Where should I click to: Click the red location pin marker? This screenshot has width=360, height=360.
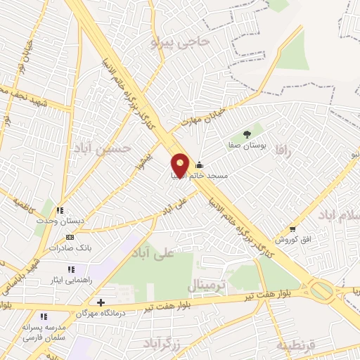pos(179,165)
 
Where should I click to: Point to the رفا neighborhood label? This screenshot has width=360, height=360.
pos(283,149)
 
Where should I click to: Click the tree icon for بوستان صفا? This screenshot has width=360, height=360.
pos(247,134)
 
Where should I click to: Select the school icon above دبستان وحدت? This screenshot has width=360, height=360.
pos(60,210)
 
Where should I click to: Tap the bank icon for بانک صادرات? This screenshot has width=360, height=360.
pos(69,238)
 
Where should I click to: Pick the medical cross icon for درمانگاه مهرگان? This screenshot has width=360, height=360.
pos(101,302)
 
